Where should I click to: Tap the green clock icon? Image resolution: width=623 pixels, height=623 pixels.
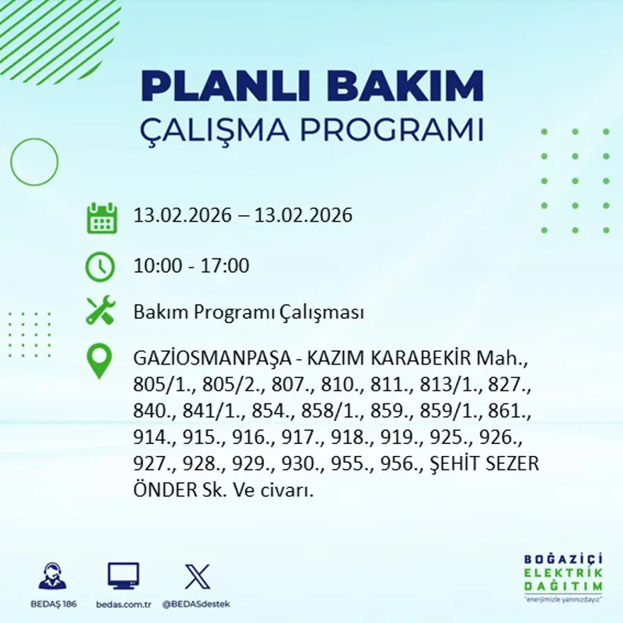tap(101, 266)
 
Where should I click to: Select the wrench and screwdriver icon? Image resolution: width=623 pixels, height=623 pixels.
tap(101, 311)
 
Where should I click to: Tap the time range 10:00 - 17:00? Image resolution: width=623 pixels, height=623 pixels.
tap(191, 266)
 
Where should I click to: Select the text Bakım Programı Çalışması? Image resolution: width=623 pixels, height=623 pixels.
tap(248, 312)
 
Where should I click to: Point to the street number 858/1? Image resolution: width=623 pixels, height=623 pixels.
tap(329, 411)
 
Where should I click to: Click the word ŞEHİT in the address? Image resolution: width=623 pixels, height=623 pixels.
tap(465, 464)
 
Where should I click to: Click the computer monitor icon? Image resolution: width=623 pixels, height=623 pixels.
tap(123, 576)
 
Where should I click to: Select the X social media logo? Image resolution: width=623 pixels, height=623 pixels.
tap(197, 576)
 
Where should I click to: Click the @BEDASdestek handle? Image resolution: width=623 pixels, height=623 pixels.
tap(196, 604)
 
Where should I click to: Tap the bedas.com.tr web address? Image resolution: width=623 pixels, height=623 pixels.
tap(124, 604)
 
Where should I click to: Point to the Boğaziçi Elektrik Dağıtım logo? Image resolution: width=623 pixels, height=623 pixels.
tap(564, 576)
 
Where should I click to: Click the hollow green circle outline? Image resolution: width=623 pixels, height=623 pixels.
tap(34, 162)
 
